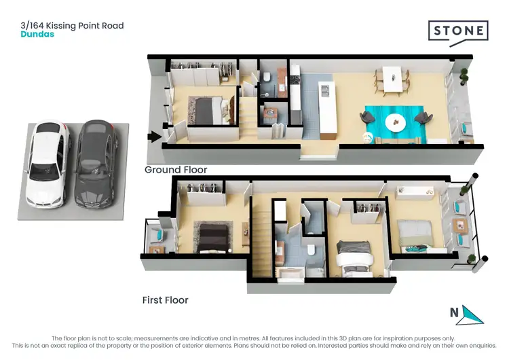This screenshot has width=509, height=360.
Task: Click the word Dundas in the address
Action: [37, 34]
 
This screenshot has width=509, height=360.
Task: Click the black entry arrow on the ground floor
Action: [155, 137]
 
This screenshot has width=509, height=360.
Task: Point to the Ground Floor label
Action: [176, 170]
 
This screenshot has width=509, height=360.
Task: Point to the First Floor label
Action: [165, 300]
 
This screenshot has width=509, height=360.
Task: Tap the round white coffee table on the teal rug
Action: [394, 122]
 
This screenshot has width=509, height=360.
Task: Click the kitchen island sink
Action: [325, 89]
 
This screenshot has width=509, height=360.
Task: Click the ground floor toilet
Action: [267, 76]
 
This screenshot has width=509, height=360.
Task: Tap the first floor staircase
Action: [261, 241]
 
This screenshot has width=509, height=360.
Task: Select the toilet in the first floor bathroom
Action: [310, 250]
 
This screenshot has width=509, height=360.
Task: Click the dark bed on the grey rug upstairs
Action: [214, 238]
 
